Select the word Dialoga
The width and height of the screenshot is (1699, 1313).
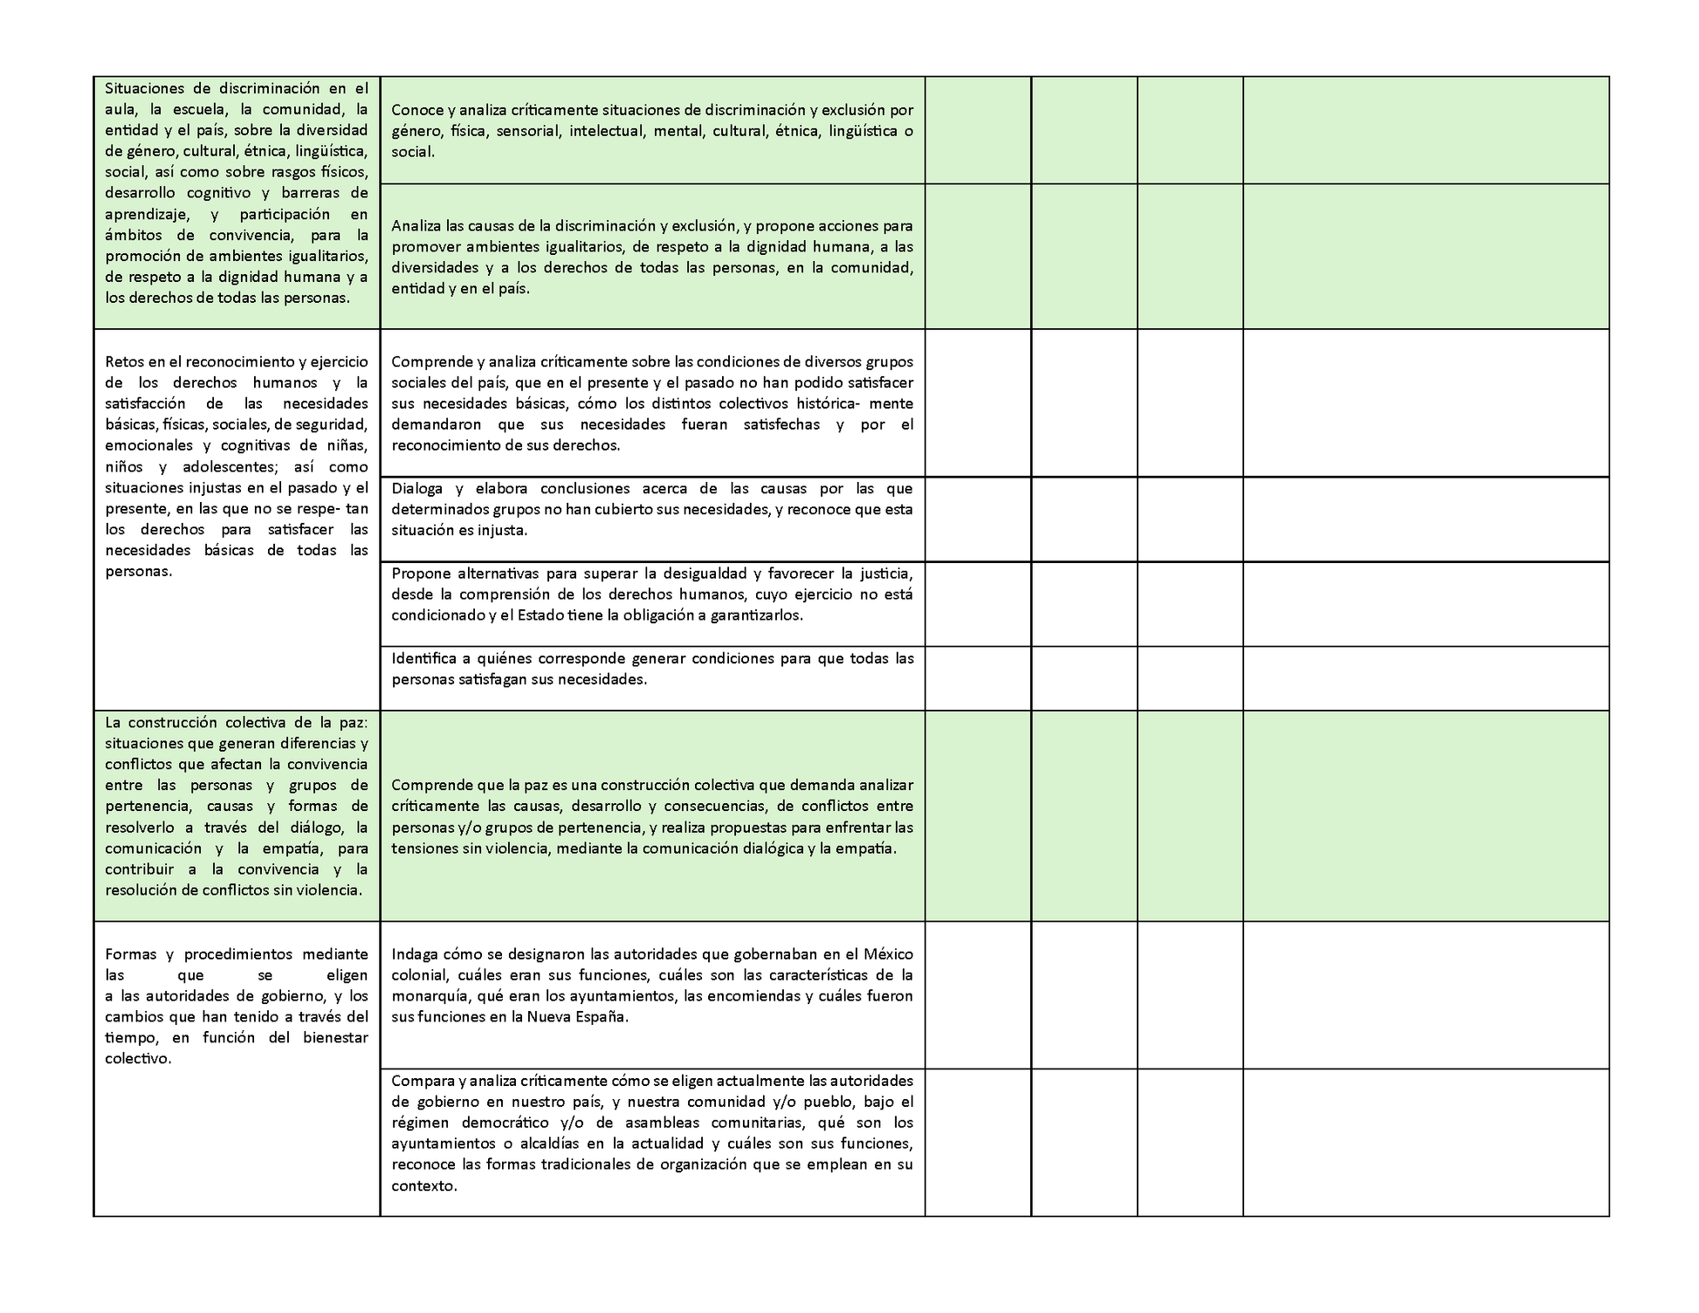(x=417, y=488)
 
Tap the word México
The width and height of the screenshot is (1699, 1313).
(x=887, y=954)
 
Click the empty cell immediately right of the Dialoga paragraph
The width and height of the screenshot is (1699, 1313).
(x=978, y=519)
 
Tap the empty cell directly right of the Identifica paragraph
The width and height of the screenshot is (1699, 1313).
(x=978, y=678)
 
